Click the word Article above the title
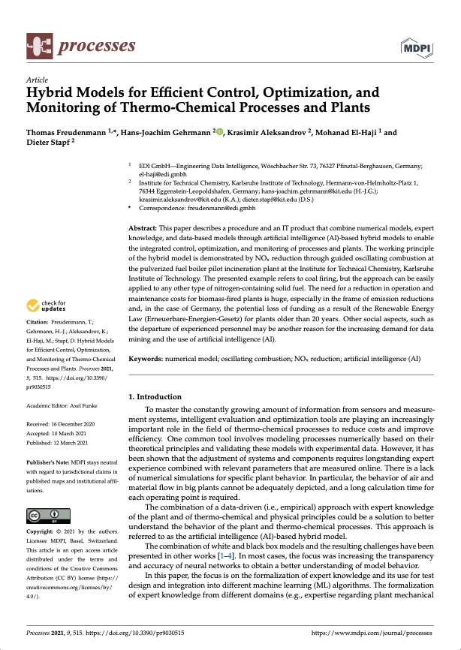pyautogui.click(x=37, y=80)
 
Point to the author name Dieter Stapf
pyautogui.click(x=47, y=142)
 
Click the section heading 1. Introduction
pyautogui.click(x=155, y=396)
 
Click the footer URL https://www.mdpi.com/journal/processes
pyautogui.click(x=383, y=633)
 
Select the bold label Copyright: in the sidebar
pyautogui.click(x=42, y=531)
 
